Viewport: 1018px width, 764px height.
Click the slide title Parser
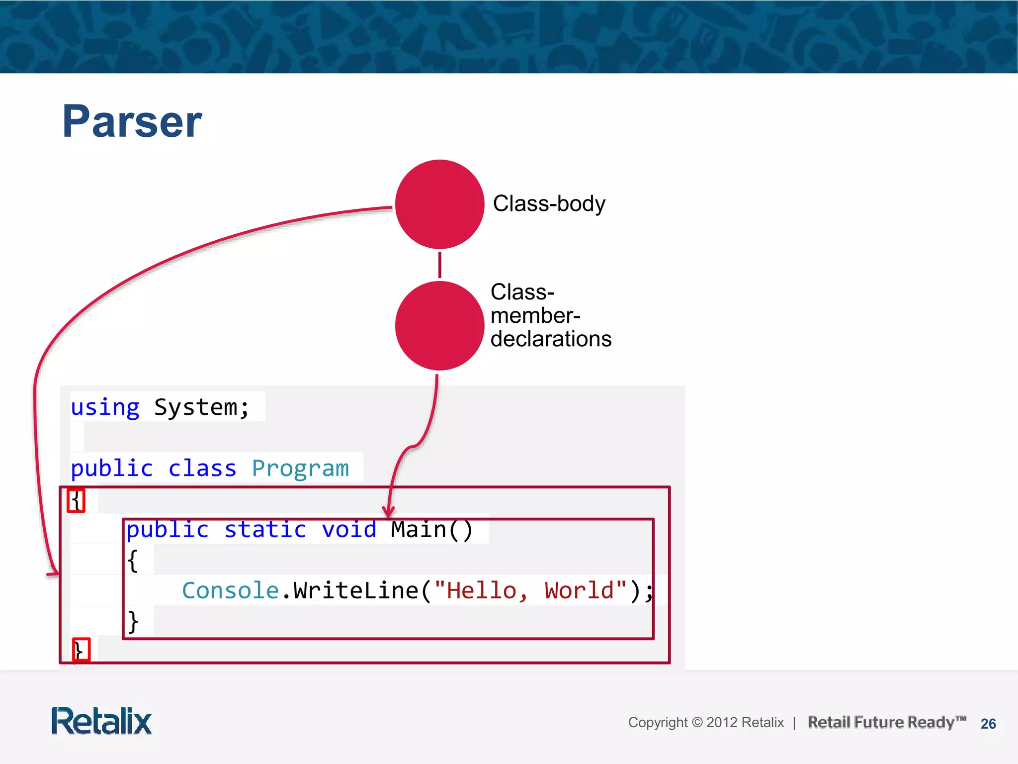pos(132,121)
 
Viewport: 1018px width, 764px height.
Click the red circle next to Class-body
pos(439,204)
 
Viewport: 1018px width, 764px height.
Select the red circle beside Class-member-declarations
pos(439,326)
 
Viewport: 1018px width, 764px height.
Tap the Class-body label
pos(549,203)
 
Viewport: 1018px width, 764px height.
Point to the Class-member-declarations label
pos(550,315)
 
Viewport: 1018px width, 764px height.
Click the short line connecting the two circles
pos(439,265)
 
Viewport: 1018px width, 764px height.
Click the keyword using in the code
pos(105,407)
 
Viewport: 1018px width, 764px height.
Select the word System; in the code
pos(201,407)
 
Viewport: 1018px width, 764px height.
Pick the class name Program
pos(300,469)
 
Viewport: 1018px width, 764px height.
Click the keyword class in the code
pos(202,469)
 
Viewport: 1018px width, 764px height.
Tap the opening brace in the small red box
pos(76,500)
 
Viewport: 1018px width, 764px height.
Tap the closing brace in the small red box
pos(81,650)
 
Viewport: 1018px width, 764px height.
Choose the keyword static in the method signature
pos(265,529)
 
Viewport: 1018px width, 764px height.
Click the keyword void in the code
pos(349,529)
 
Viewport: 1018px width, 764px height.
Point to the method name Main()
pos(431,529)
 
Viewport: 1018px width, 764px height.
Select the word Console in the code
pos(230,590)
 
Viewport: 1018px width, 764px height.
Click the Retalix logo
pos(101,721)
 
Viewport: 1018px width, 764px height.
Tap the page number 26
pos(988,724)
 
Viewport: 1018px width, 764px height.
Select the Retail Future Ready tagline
pos(886,722)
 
